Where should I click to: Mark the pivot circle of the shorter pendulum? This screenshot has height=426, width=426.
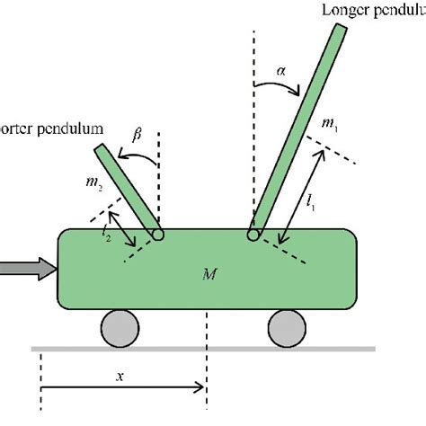[157, 235]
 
